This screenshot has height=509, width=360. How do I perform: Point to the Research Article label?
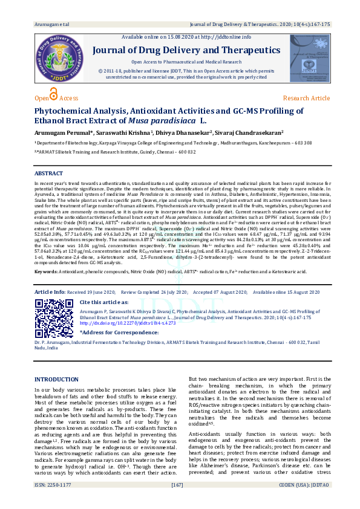(306, 98)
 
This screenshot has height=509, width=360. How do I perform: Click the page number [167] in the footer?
(177, 502)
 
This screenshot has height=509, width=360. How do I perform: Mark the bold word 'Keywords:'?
(46, 273)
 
